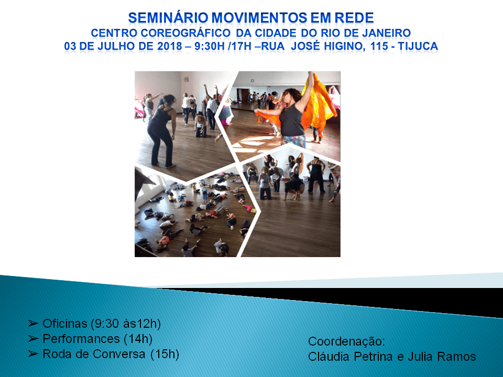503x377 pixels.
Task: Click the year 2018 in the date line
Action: tap(160, 47)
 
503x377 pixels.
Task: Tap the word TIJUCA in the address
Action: tap(418, 47)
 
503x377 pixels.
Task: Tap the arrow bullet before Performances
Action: tap(34, 339)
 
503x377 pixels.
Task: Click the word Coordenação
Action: tap(346, 342)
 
